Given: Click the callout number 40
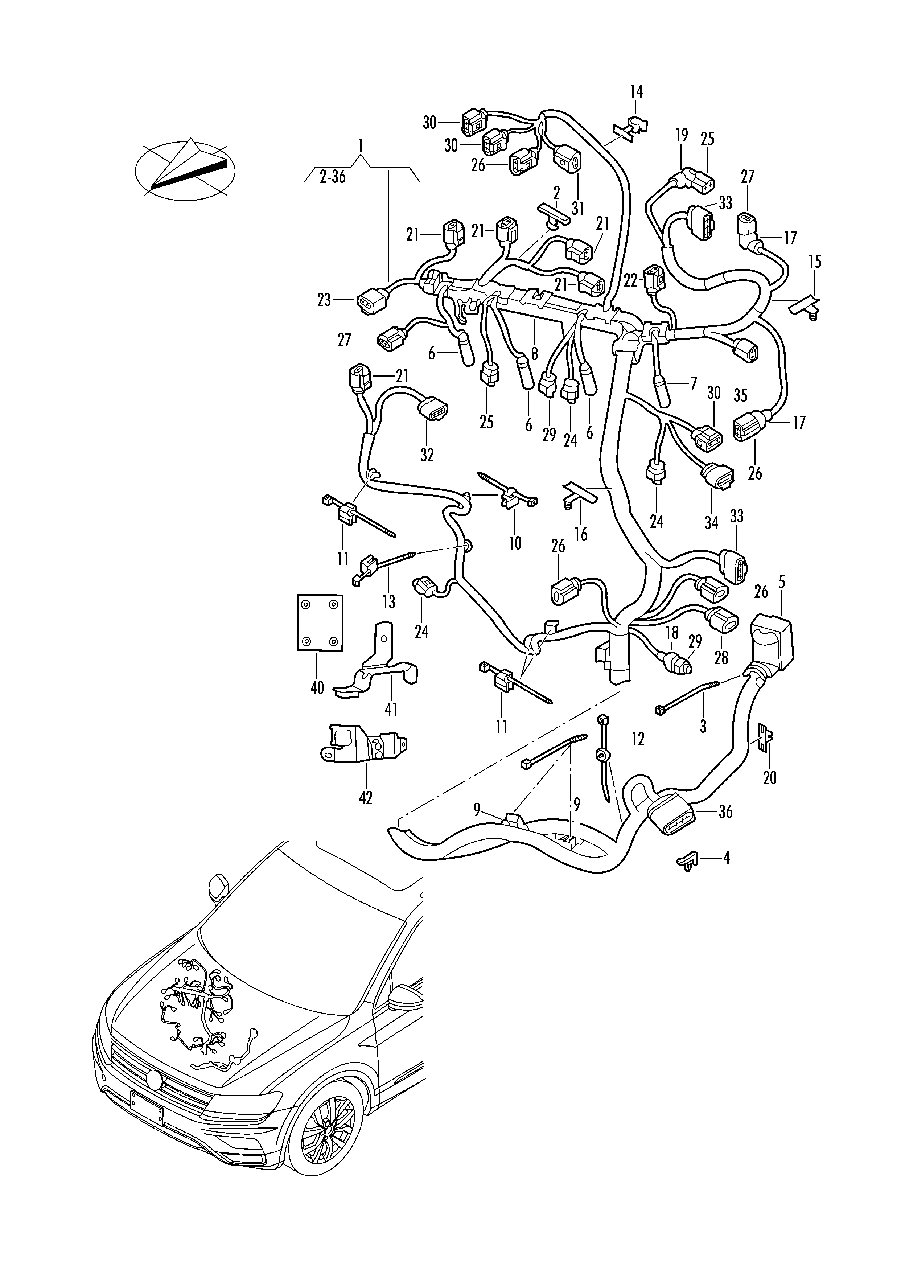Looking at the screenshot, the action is coord(317,689).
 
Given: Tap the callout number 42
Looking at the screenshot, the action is coord(366,797).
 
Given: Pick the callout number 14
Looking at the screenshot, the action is coord(636,91).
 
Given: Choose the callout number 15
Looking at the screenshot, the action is coord(815,261).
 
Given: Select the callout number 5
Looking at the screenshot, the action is coord(782,582).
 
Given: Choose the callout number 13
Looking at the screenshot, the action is coord(388,601).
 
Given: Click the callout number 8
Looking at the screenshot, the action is coord(534,353).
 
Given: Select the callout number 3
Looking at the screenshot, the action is coord(703,726).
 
